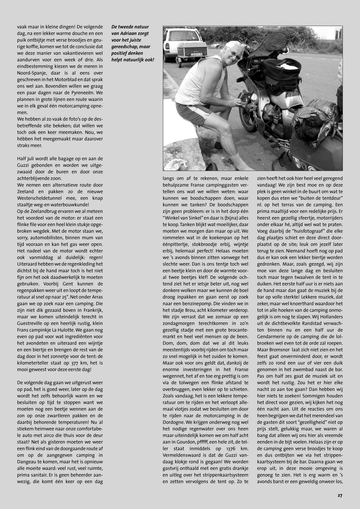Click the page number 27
340,495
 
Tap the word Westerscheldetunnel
39,198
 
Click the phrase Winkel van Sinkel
187,218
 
